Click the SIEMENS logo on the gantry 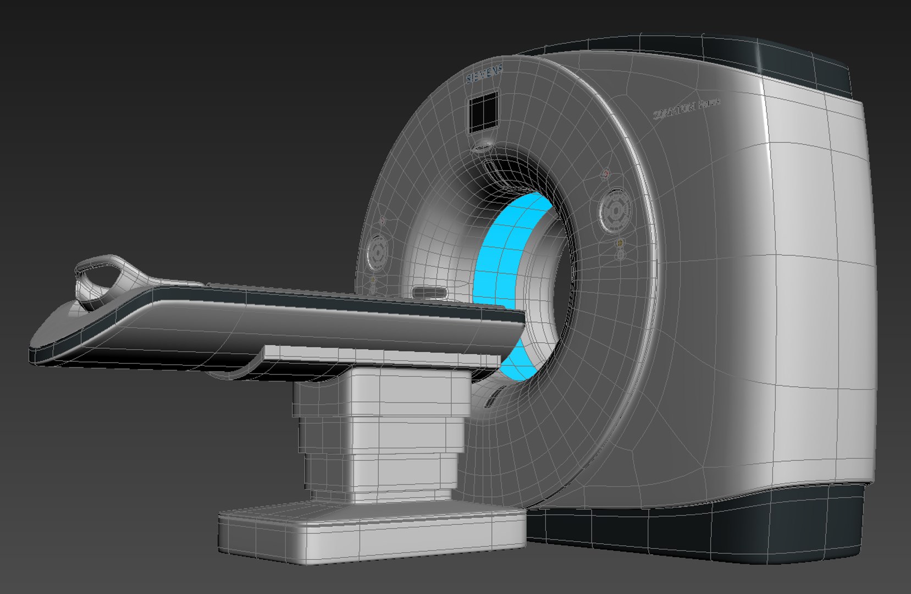click(484, 74)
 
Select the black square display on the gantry click(484, 113)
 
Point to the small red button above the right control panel click(606, 174)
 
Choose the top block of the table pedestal click(382, 391)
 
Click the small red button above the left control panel click(382, 221)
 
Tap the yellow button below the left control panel click(373, 280)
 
